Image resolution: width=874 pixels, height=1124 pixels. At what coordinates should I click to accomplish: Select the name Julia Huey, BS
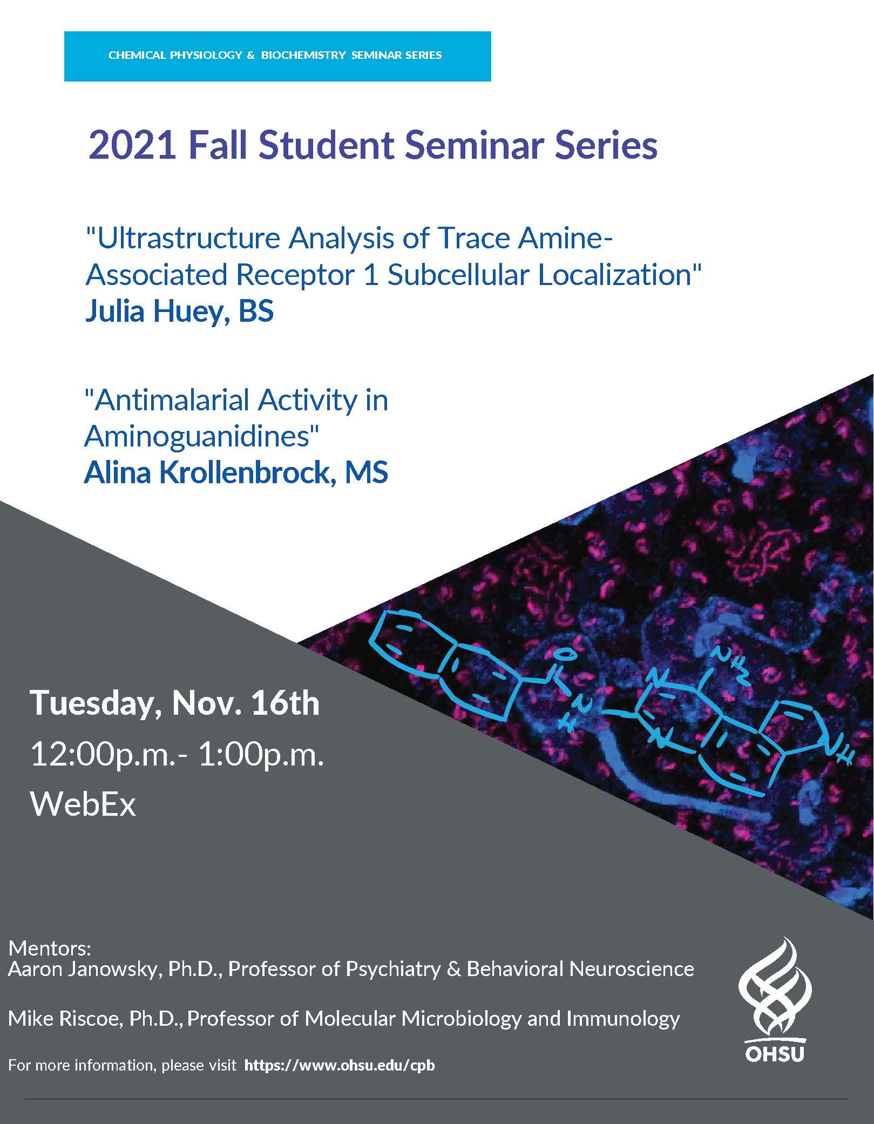pos(179,312)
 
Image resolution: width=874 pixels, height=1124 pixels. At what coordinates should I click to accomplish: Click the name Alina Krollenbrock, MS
pos(236,472)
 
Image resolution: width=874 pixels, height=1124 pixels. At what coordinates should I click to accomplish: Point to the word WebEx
pos(83,804)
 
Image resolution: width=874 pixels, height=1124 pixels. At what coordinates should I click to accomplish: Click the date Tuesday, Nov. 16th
pos(175,703)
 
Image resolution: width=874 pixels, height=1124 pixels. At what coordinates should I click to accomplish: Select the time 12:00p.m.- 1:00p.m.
pos(177,754)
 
